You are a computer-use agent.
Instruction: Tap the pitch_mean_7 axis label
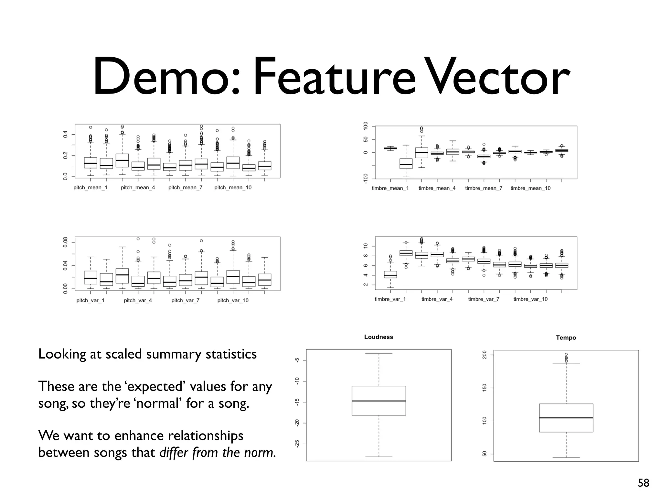(x=185, y=188)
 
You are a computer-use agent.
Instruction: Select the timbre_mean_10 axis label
(x=530, y=188)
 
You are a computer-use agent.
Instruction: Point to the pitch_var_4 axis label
(x=138, y=301)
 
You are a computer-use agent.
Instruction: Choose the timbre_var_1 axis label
(x=390, y=299)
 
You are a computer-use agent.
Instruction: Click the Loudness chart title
(x=379, y=337)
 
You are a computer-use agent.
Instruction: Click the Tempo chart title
(x=566, y=338)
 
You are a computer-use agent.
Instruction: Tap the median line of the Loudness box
(x=379, y=401)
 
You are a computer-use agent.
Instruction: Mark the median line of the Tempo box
(x=566, y=418)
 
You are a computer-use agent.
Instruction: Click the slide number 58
(x=643, y=483)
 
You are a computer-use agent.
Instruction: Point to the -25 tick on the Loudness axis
(x=297, y=444)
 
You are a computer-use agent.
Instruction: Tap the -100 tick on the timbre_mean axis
(x=366, y=179)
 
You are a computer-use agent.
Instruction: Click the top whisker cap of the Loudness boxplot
(x=379, y=354)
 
